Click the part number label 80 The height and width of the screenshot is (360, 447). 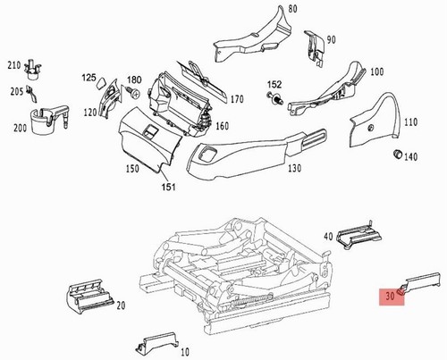tap(292, 9)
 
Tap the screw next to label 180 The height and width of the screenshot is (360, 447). tap(133, 92)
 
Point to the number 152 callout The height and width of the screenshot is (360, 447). tap(274, 84)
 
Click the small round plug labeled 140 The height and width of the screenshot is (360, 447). tap(397, 154)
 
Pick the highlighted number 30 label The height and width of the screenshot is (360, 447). tap(390, 296)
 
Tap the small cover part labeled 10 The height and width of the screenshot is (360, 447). tap(157, 343)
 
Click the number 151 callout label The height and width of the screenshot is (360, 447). tap(169, 187)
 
